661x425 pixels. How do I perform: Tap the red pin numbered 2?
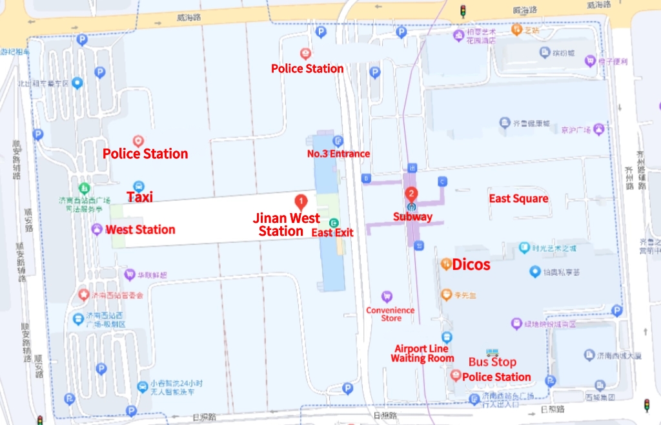[x=411, y=193]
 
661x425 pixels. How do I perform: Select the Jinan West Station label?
[x=287, y=225]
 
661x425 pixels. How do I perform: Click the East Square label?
[x=518, y=199]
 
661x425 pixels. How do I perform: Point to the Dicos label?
[x=471, y=265]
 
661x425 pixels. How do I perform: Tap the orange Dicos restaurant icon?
[x=445, y=264]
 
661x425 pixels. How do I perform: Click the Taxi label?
[x=139, y=198]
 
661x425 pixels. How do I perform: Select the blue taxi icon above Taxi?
[x=138, y=186]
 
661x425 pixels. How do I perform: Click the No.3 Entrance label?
[x=338, y=154]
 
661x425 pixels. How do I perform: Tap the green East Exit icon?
[x=334, y=223]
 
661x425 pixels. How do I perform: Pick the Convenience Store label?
[x=391, y=315]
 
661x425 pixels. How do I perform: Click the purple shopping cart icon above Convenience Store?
[x=387, y=296]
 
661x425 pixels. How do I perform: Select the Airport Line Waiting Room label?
[x=422, y=354]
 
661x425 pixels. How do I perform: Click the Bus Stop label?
[x=492, y=362]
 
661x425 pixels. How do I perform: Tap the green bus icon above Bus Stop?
[x=493, y=352]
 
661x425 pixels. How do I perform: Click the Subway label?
[x=412, y=217]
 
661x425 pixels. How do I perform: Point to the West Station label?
[x=140, y=230]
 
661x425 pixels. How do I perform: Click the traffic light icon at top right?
[x=462, y=10]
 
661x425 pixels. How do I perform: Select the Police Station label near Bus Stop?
[x=496, y=377]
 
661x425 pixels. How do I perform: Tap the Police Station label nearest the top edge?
[x=307, y=68]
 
